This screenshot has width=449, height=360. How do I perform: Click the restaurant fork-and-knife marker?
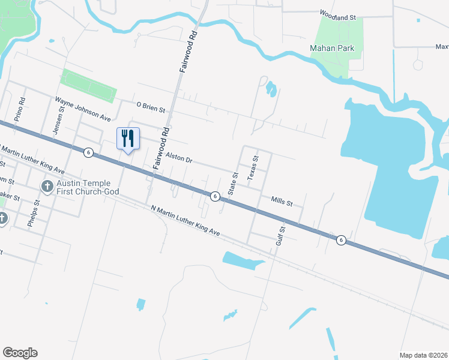(x=127, y=139)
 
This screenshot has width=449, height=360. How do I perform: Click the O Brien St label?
(x=150, y=107)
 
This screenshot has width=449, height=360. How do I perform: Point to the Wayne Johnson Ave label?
(x=83, y=108)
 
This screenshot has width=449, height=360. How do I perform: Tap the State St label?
(x=234, y=184)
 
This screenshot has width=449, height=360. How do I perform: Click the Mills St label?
(x=282, y=202)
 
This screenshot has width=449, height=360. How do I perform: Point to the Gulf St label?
(x=280, y=235)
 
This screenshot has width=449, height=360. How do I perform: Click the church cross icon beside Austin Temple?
(x=47, y=187)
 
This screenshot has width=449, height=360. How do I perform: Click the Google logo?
(x=20, y=353)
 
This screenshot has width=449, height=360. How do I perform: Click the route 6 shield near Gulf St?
(x=341, y=240)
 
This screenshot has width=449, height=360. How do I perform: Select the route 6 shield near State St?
(x=214, y=196)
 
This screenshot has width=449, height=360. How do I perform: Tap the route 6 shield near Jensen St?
(x=88, y=152)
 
